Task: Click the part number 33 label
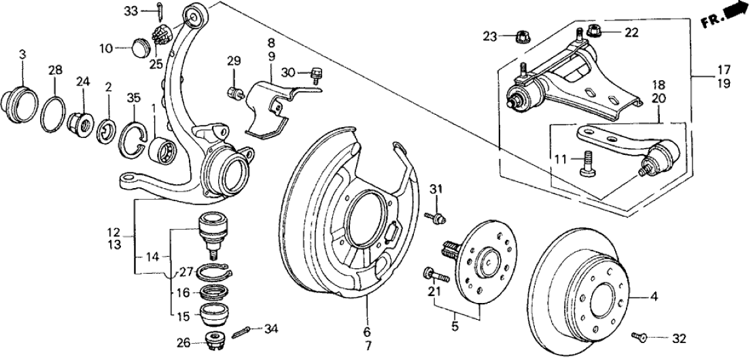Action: point(130,10)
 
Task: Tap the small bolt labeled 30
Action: point(315,73)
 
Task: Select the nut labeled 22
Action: point(592,31)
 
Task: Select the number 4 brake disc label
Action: point(654,296)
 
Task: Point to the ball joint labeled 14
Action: point(213,230)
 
